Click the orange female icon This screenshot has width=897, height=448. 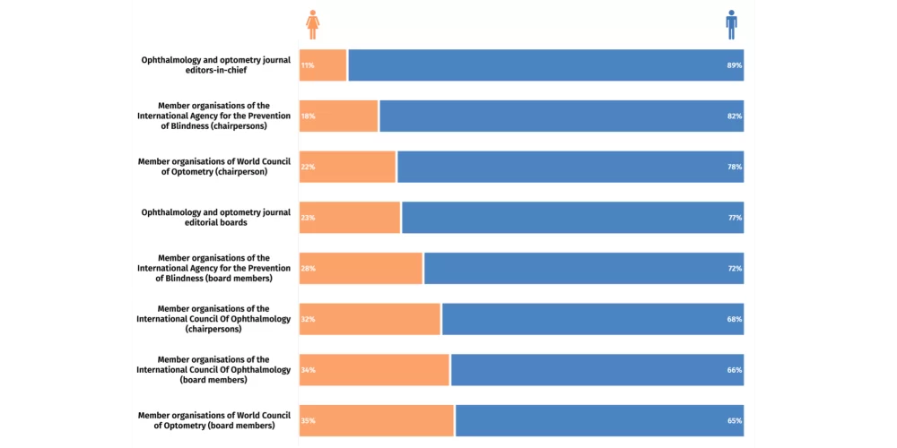click(x=312, y=25)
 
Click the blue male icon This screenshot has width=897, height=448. click(x=732, y=25)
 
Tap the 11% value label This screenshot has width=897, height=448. click(x=308, y=65)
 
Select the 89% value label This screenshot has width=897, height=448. click(x=735, y=65)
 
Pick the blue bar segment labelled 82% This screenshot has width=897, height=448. click(x=561, y=116)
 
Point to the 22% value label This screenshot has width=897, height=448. click(x=308, y=168)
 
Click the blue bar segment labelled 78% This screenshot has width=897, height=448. click(x=570, y=168)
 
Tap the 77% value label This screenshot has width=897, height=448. click(x=735, y=218)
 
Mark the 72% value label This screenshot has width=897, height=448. click(x=735, y=269)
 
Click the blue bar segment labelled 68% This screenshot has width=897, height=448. click(x=592, y=319)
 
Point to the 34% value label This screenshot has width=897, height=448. click(x=308, y=370)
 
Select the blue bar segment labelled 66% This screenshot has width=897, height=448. click(x=597, y=370)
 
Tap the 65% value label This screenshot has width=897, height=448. click(x=735, y=421)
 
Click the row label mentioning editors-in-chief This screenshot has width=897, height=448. click(x=215, y=65)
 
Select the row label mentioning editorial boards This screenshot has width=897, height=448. click(x=215, y=218)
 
